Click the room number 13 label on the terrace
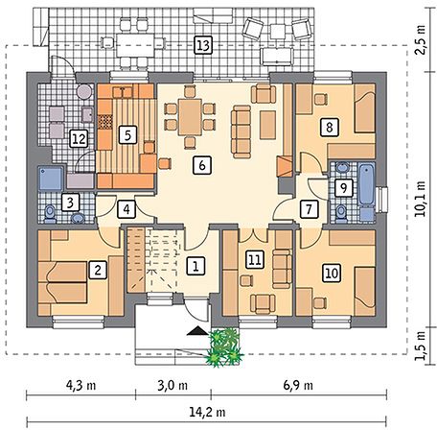click(x=203, y=45)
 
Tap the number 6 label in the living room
click(x=202, y=165)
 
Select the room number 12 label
click(x=79, y=139)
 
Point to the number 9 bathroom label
click(x=343, y=187)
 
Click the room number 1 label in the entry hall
click(x=195, y=265)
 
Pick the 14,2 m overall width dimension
click(x=207, y=412)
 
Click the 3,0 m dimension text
click(x=172, y=385)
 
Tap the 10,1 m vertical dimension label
click(x=421, y=199)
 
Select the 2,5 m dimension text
click(x=421, y=39)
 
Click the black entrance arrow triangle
click(x=197, y=331)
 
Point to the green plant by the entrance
click(x=225, y=346)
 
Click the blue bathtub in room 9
click(x=367, y=183)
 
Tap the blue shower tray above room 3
click(x=51, y=179)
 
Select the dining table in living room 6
click(x=190, y=117)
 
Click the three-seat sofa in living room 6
click(x=241, y=131)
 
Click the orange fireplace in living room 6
click(x=285, y=166)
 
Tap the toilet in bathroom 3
click(x=50, y=214)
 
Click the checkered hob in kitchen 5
click(x=105, y=122)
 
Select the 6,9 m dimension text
click(x=298, y=385)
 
